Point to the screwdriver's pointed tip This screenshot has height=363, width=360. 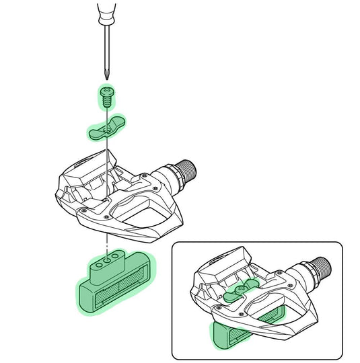(106, 75)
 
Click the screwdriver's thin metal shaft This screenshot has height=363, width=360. (106, 47)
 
